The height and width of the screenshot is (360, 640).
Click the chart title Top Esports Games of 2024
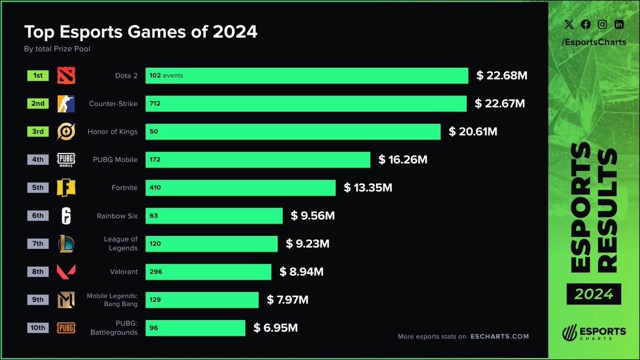click(141, 32)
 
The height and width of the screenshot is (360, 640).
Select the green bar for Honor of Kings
click(293, 132)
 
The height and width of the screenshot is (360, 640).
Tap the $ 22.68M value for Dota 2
click(502, 76)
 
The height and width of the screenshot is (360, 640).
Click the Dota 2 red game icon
click(66, 76)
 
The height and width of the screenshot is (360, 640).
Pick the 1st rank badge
click(38, 76)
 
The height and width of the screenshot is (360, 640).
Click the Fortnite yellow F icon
click(66, 188)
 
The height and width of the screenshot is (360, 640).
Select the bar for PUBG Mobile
click(258, 159)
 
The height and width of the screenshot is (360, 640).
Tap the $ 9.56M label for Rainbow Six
click(313, 215)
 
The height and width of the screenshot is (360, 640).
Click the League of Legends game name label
click(121, 243)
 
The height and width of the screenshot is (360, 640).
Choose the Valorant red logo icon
click(66, 271)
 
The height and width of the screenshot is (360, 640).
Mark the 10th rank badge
click(38, 327)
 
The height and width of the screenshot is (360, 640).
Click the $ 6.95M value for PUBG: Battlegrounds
click(275, 327)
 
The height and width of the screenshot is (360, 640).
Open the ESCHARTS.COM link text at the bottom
click(500, 337)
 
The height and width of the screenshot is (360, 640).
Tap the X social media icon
click(569, 25)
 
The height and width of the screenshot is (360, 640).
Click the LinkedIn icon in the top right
click(619, 25)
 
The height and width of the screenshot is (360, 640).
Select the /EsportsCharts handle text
click(594, 42)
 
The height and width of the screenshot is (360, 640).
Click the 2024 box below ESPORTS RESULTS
click(594, 294)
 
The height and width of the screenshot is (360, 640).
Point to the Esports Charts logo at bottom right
click(594, 332)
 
